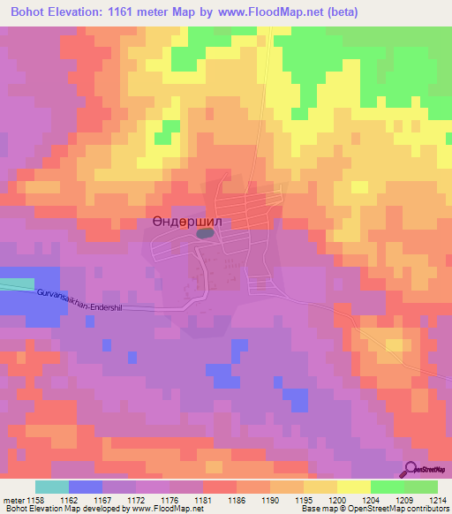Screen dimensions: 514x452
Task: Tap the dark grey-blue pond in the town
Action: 205,233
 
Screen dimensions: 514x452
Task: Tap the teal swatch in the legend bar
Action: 52,487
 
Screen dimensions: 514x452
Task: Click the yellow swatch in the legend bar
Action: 354,487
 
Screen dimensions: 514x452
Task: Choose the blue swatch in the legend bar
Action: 86,487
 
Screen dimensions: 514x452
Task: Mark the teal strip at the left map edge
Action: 13,284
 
